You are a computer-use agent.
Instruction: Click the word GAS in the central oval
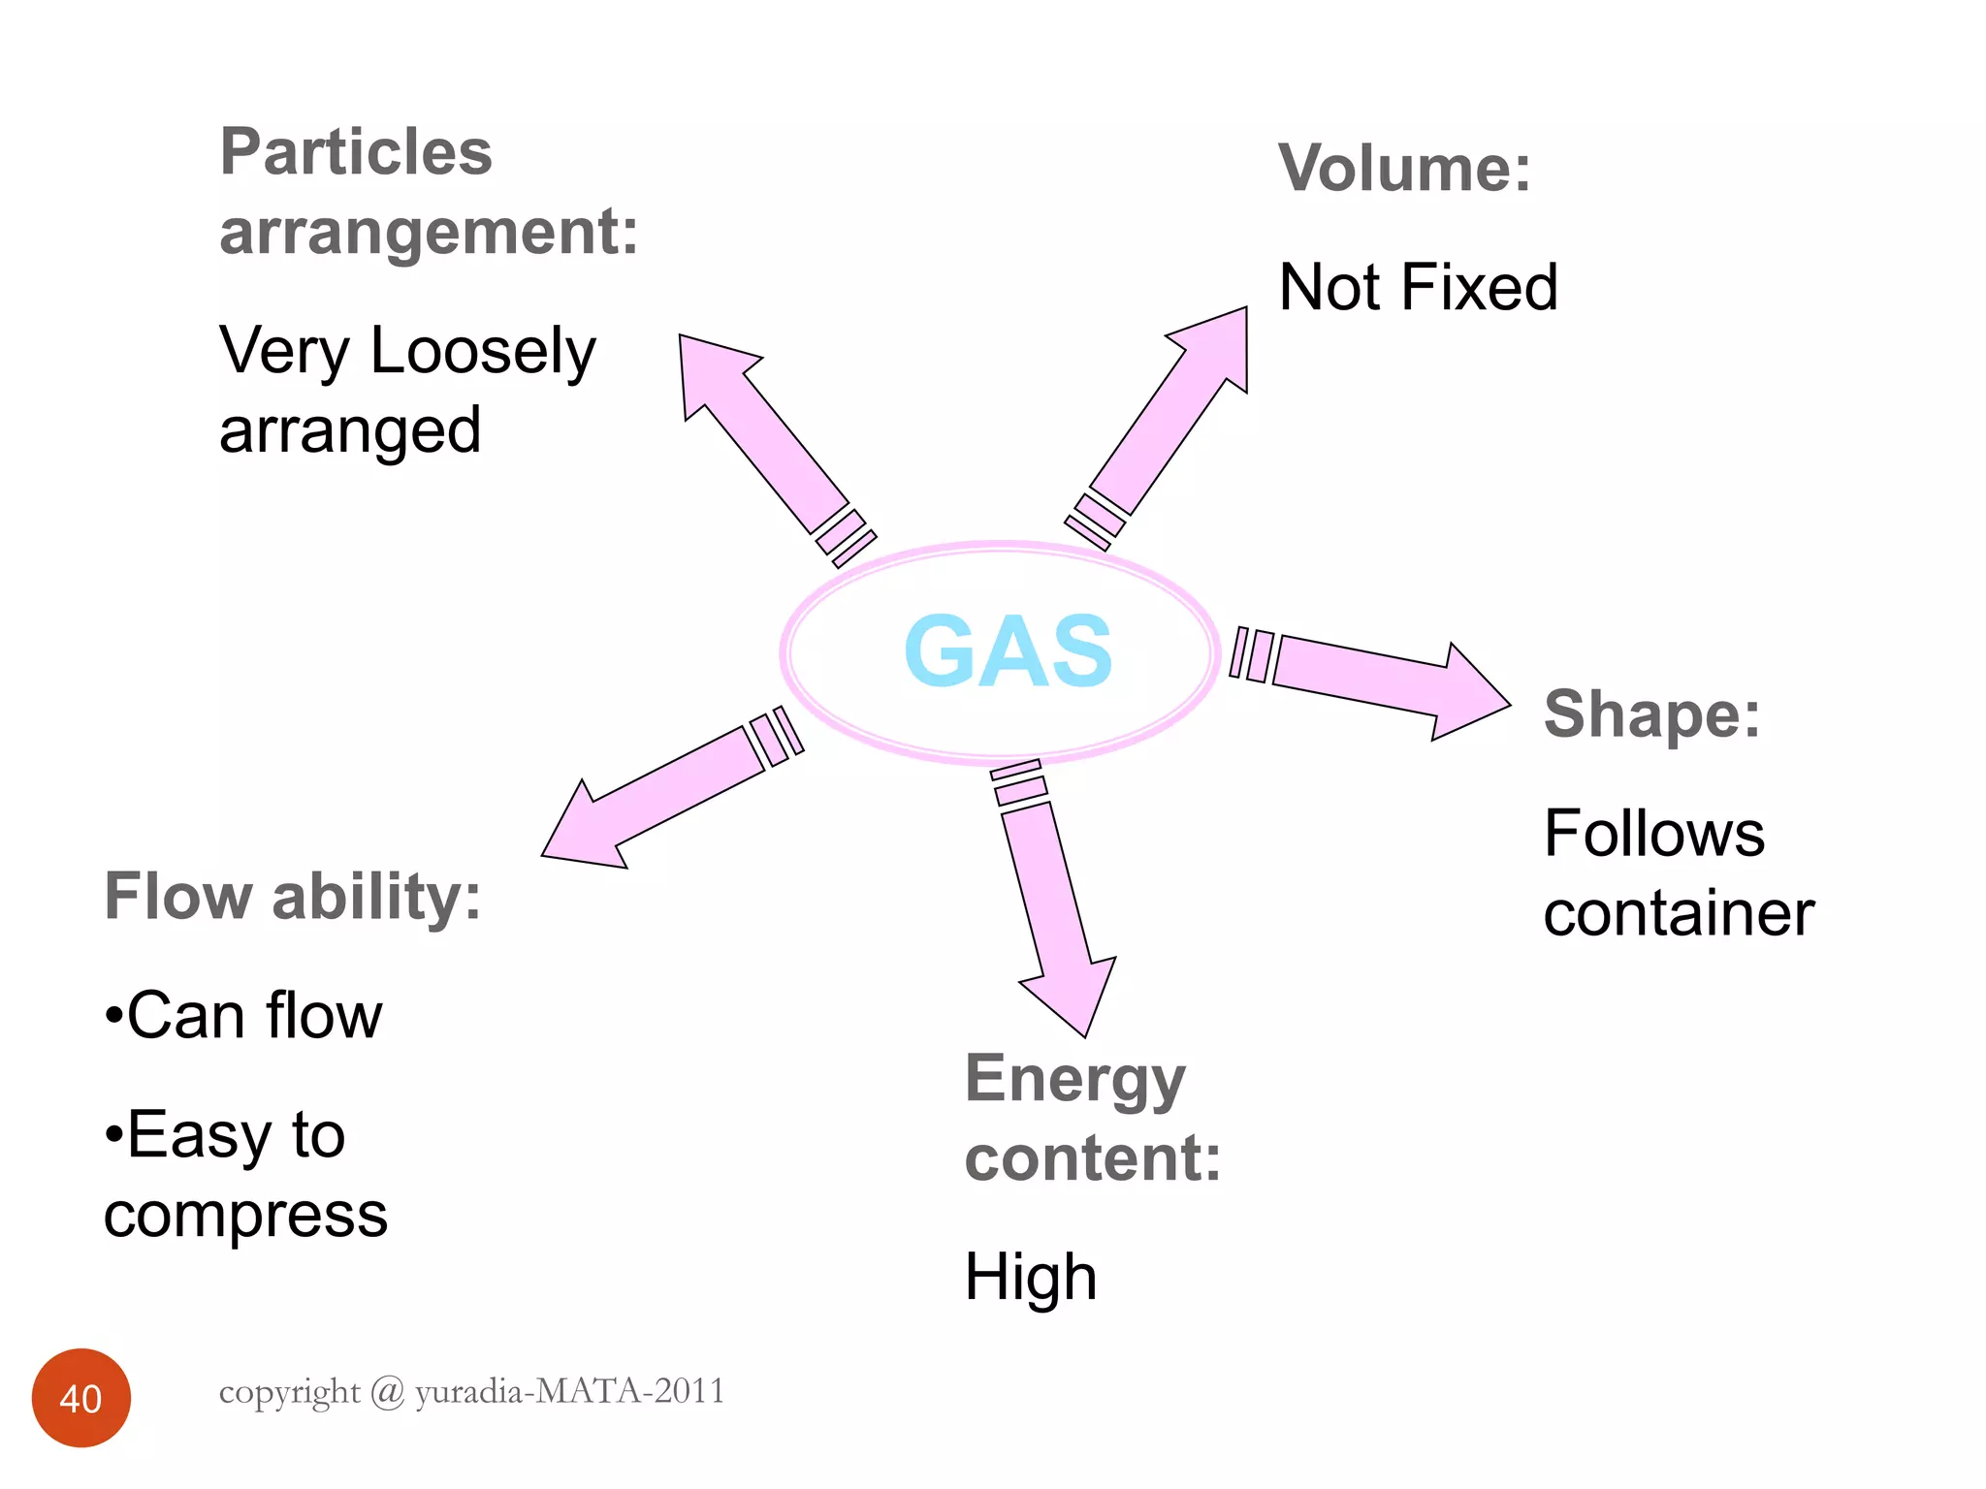pyautogui.click(x=1008, y=651)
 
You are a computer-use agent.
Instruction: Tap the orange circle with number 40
pyautogui.click(x=80, y=1398)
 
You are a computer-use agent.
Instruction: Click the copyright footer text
pyautogui.click(x=471, y=1391)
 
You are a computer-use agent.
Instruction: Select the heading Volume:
pyautogui.click(x=1404, y=169)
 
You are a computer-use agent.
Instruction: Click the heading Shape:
pyautogui.click(x=1651, y=714)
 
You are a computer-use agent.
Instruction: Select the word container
pyautogui.click(x=1679, y=913)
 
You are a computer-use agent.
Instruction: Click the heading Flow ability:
pyautogui.click(x=292, y=896)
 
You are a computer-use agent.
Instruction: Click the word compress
pyautogui.click(x=245, y=1215)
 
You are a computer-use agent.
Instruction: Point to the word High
pyautogui.click(x=1031, y=1277)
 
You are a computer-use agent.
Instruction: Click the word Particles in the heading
pyautogui.click(x=356, y=152)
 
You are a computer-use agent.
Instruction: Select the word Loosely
pyautogui.click(x=482, y=351)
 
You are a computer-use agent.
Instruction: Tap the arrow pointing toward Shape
pyautogui.click(x=1377, y=683)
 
